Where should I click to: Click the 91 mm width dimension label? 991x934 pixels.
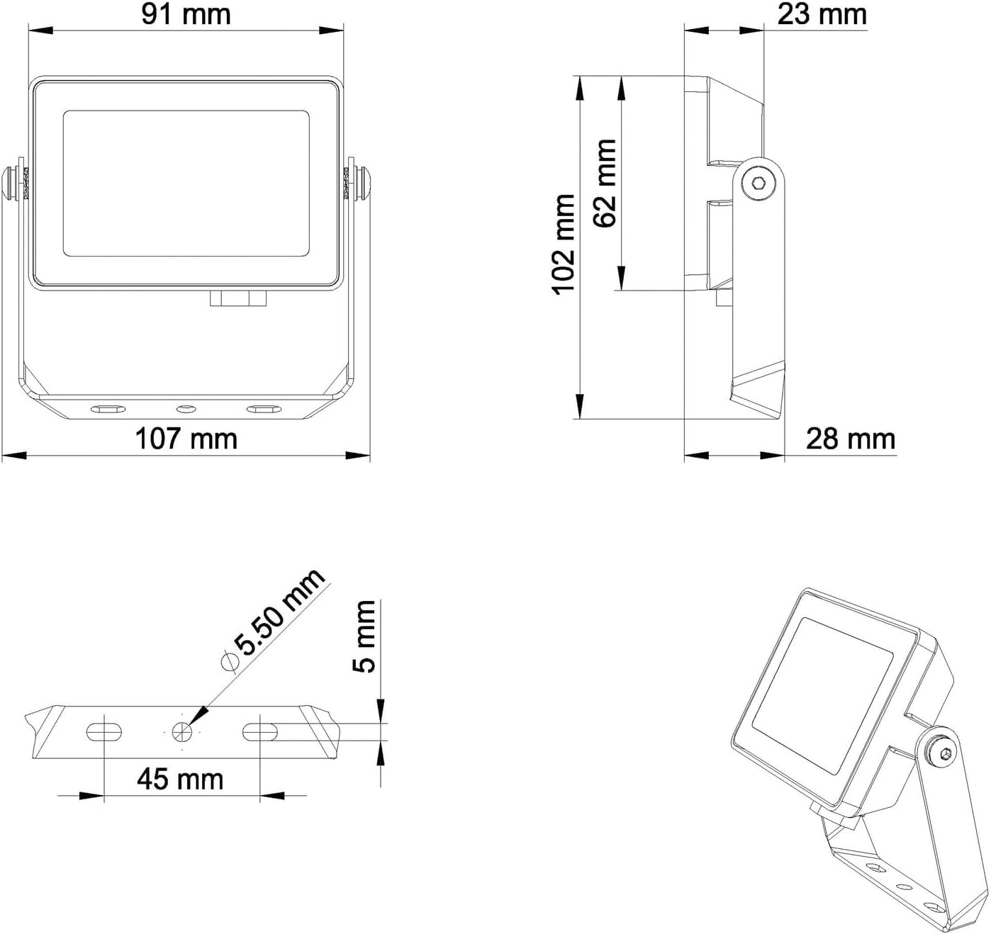coord(186,14)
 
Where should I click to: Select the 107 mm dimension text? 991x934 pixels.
coord(186,439)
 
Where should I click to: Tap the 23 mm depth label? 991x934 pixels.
coord(822,14)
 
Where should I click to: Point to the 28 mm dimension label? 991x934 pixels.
coord(850,439)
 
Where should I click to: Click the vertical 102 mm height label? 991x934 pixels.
coord(564,244)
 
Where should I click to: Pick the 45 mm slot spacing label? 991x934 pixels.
coord(180,779)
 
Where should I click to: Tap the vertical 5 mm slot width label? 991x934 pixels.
coord(364,636)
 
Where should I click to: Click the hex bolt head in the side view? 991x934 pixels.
coord(758,184)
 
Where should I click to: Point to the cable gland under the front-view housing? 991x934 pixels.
coord(238,298)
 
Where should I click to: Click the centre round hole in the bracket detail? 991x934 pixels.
coord(182,731)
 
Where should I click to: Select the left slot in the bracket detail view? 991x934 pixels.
coord(104,731)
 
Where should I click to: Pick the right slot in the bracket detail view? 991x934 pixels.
coord(260,731)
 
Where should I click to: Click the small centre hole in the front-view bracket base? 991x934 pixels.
coord(186,409)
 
